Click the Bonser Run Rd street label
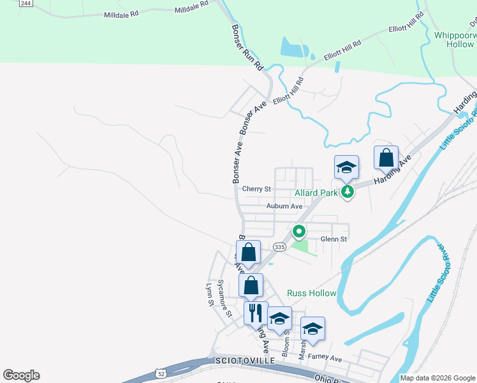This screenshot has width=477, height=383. click(247, 48)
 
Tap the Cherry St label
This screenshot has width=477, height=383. click(257, 189)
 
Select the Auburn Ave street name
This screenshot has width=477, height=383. click(284, 206)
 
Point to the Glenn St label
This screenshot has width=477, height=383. click(334, 239)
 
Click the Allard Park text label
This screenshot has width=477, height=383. click(316, 192)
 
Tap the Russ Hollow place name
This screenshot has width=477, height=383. click(311, 293)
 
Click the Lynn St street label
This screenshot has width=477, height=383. click(209, 296)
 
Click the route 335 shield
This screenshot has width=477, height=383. click(279, 246)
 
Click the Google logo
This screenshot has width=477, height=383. click(21, 375)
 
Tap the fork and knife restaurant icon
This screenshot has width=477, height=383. click(256, 313)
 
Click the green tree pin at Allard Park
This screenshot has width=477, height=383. click(347, 191)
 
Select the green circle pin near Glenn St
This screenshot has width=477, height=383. click(298, 232)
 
